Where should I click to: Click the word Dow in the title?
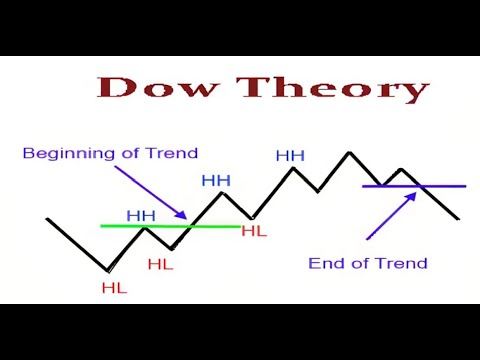point(158,87)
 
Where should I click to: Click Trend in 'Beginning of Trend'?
point(172,153)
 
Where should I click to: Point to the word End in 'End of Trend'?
point(328,263)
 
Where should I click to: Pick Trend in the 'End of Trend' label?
point(401,263)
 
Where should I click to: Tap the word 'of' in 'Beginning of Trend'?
point(130,153)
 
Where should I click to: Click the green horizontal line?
point(170,226)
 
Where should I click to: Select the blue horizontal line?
point(414,186)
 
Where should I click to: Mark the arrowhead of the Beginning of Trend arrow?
point(182,215)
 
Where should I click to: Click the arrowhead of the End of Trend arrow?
point(412,197)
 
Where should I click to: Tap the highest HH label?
point(290,156)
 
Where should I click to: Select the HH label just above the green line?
point(141,216)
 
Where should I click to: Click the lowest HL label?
point(114,288)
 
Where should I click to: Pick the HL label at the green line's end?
point(254,231)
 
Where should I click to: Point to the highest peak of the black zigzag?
point(350,152)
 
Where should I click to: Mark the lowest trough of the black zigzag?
point(107,270)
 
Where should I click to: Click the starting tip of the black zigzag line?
point(47,219)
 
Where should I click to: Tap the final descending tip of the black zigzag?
point(459,219)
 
